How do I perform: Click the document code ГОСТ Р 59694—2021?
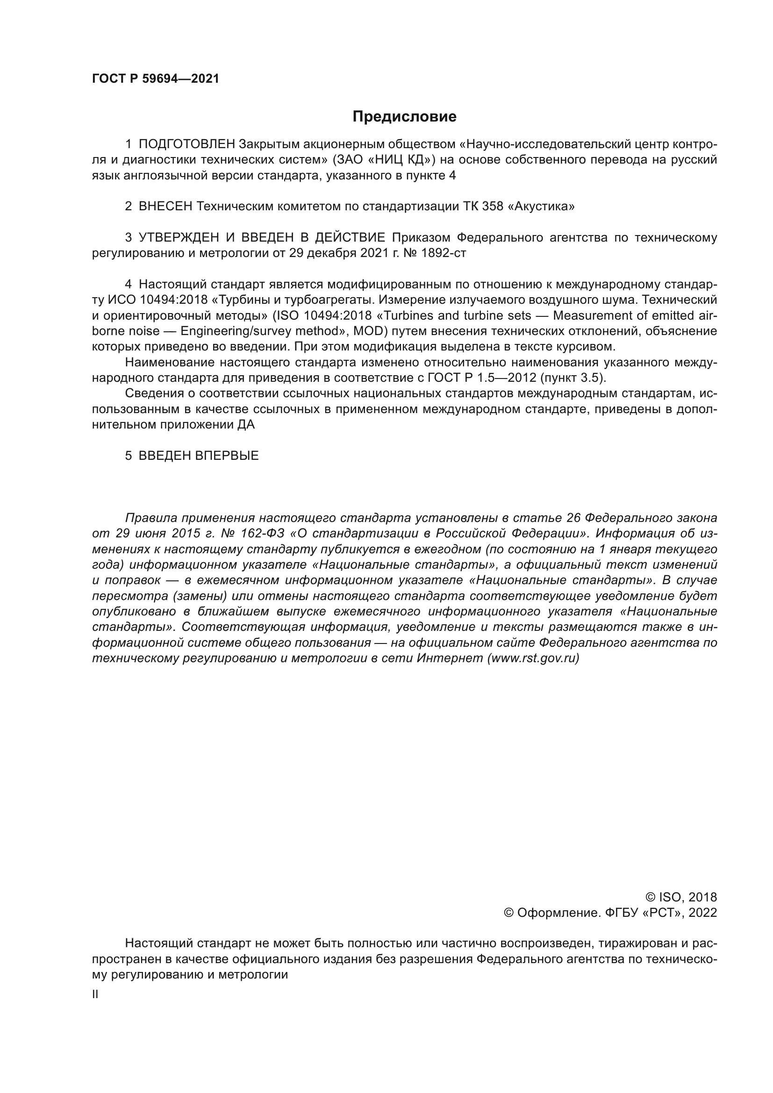point(156,79)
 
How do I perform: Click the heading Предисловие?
point(404,117)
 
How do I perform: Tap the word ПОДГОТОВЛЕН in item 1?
point(186,144)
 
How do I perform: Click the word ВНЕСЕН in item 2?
point(165,207)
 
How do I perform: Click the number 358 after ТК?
point(493,207)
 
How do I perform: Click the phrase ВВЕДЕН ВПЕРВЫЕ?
point(199,456)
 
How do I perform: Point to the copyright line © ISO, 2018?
point(680,897)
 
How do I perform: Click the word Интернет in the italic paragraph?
point(449,658)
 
